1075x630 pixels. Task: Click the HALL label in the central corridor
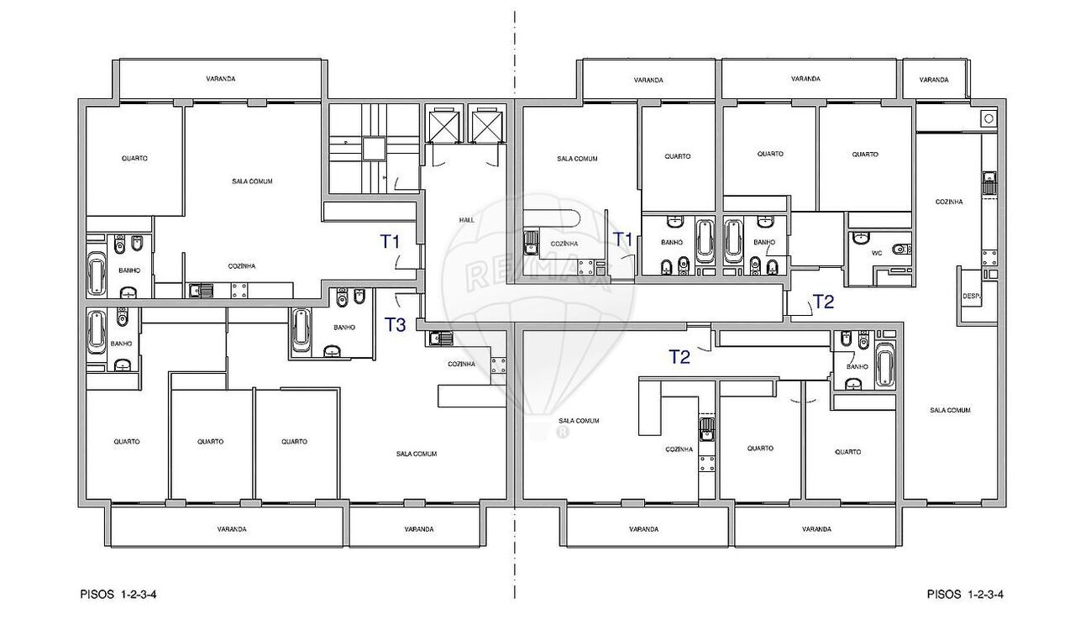(466, 220)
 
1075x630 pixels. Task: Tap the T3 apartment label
(395, 325)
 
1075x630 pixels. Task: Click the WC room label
(877, 253)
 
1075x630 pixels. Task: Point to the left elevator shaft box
(444, 126)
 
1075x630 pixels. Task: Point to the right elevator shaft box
(487, 126)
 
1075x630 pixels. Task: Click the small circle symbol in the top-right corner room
(988, 118)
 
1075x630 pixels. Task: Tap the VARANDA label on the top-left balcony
(221, 78)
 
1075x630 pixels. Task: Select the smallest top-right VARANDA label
(934, 80)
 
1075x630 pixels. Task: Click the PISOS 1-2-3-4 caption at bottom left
(118, 595)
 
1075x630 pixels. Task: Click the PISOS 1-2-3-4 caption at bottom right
(965, 595)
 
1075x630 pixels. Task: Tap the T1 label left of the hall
(391, 242)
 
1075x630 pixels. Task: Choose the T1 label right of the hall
(623, 239)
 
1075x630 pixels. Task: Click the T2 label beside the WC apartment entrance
(824, 302)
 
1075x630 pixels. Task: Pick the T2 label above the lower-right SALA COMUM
(679, 357)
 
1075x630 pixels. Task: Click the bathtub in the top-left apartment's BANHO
(97, 273)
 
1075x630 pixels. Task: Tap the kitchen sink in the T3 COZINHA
(440, 339)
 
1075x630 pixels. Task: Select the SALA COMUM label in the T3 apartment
(417, 454)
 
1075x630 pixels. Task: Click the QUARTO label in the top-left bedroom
(134, 158)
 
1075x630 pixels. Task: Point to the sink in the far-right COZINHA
(989, 182)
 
